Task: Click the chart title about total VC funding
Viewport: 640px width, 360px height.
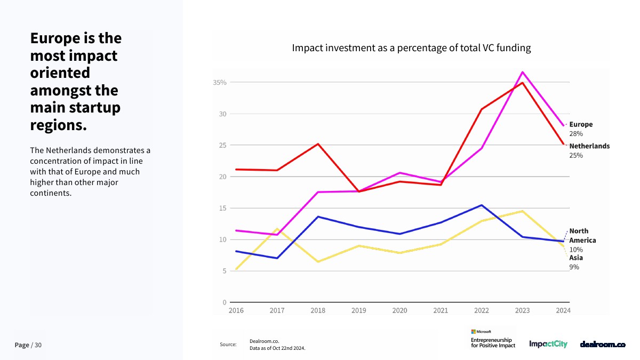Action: (411, 48)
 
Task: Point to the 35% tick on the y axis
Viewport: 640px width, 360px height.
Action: (220, 83)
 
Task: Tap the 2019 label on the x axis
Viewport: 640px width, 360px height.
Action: (359, 310)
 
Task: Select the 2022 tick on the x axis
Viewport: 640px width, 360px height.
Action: (481, 310)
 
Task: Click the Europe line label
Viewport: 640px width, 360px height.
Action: (581, 124)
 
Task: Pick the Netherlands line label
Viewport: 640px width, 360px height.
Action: (589, 146)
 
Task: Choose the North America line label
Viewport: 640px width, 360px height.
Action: (582, 235)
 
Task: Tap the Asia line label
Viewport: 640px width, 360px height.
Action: (576, 258)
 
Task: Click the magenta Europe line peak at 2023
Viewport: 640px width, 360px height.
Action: (523, 72)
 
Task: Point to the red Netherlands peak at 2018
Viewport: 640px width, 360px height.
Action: (318, 144)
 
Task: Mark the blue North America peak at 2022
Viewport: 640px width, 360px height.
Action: (482, 205)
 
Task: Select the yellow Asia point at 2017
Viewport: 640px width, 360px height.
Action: (277, 229)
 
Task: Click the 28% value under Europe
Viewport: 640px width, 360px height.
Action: (576, 134)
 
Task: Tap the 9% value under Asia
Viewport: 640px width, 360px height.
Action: (574, 267)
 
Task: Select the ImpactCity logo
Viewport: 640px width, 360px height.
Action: (548, 345)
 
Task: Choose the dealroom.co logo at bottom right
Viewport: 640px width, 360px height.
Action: (603, 345)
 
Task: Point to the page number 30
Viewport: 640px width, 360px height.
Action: (38, 346)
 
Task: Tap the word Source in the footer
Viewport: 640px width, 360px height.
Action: (228, 345)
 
